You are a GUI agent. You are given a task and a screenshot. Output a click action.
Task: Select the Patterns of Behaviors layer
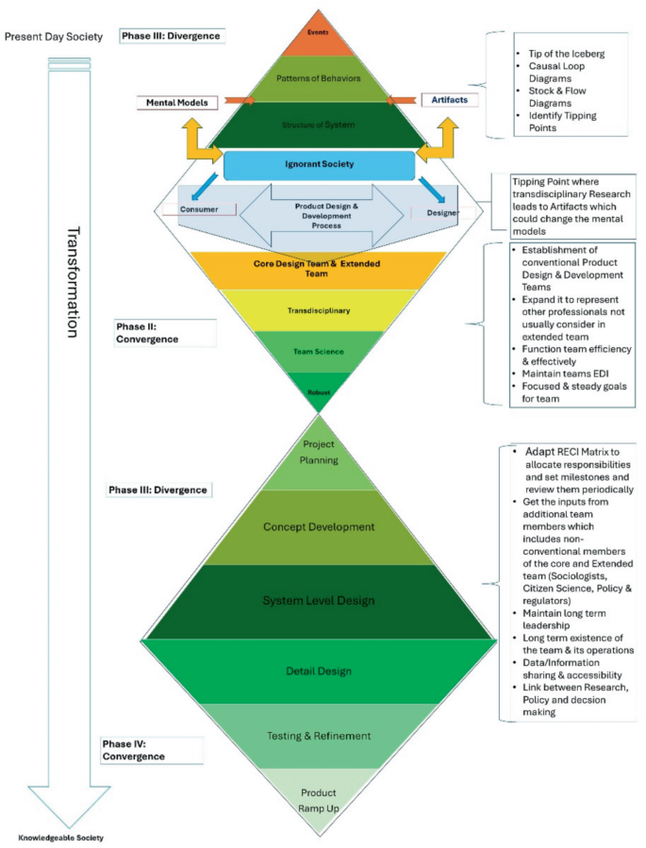(x=319, y=79)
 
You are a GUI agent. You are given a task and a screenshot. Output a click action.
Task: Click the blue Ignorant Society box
(x=319, y=164)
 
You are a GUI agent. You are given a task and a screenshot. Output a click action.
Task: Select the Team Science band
(x=319, y=351)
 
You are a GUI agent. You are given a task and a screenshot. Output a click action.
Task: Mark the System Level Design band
(x=319, y=602)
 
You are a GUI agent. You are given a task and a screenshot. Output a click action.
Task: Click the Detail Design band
(x=319, y=671)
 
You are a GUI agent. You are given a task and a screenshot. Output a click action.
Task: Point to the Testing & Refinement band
(x=319, y=736)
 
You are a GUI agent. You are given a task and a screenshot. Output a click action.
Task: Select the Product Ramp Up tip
(x=319, y=799)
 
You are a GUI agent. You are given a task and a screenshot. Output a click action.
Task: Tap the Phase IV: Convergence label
(x=133, y=750)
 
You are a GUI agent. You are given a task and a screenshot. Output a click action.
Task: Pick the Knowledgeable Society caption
(x=61, y=838)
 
